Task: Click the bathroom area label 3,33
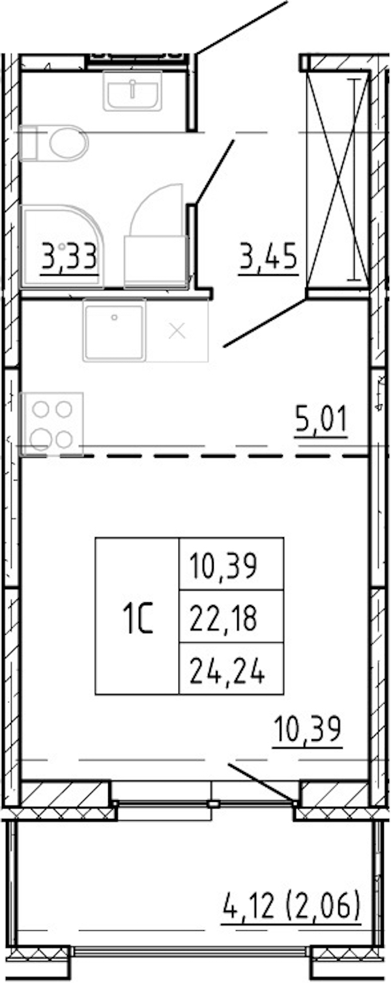pos(70,256)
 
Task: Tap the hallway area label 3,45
pos(268,256)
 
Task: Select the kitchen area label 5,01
pos(321,419)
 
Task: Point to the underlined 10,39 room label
pos(307,728)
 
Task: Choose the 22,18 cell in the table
pos(223,617)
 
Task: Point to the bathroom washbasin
pos(132,91)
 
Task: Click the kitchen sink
pos(114,330)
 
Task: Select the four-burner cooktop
pos(52,424)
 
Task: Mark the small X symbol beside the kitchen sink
pos(177,331)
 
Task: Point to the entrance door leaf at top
pos(241,27)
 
